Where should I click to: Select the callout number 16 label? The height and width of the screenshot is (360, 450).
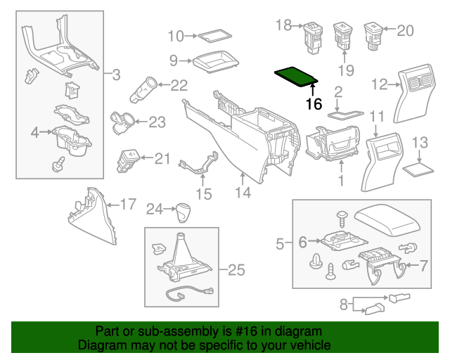point(314,104)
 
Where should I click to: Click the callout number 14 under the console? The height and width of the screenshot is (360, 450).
point(243,192)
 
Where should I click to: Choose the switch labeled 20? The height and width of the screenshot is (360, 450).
point(374,34)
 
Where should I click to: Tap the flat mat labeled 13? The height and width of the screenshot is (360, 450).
point(419,169)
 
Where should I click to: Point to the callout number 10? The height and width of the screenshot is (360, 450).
point(175,35)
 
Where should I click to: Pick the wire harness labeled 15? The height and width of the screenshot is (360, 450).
point(200,166)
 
